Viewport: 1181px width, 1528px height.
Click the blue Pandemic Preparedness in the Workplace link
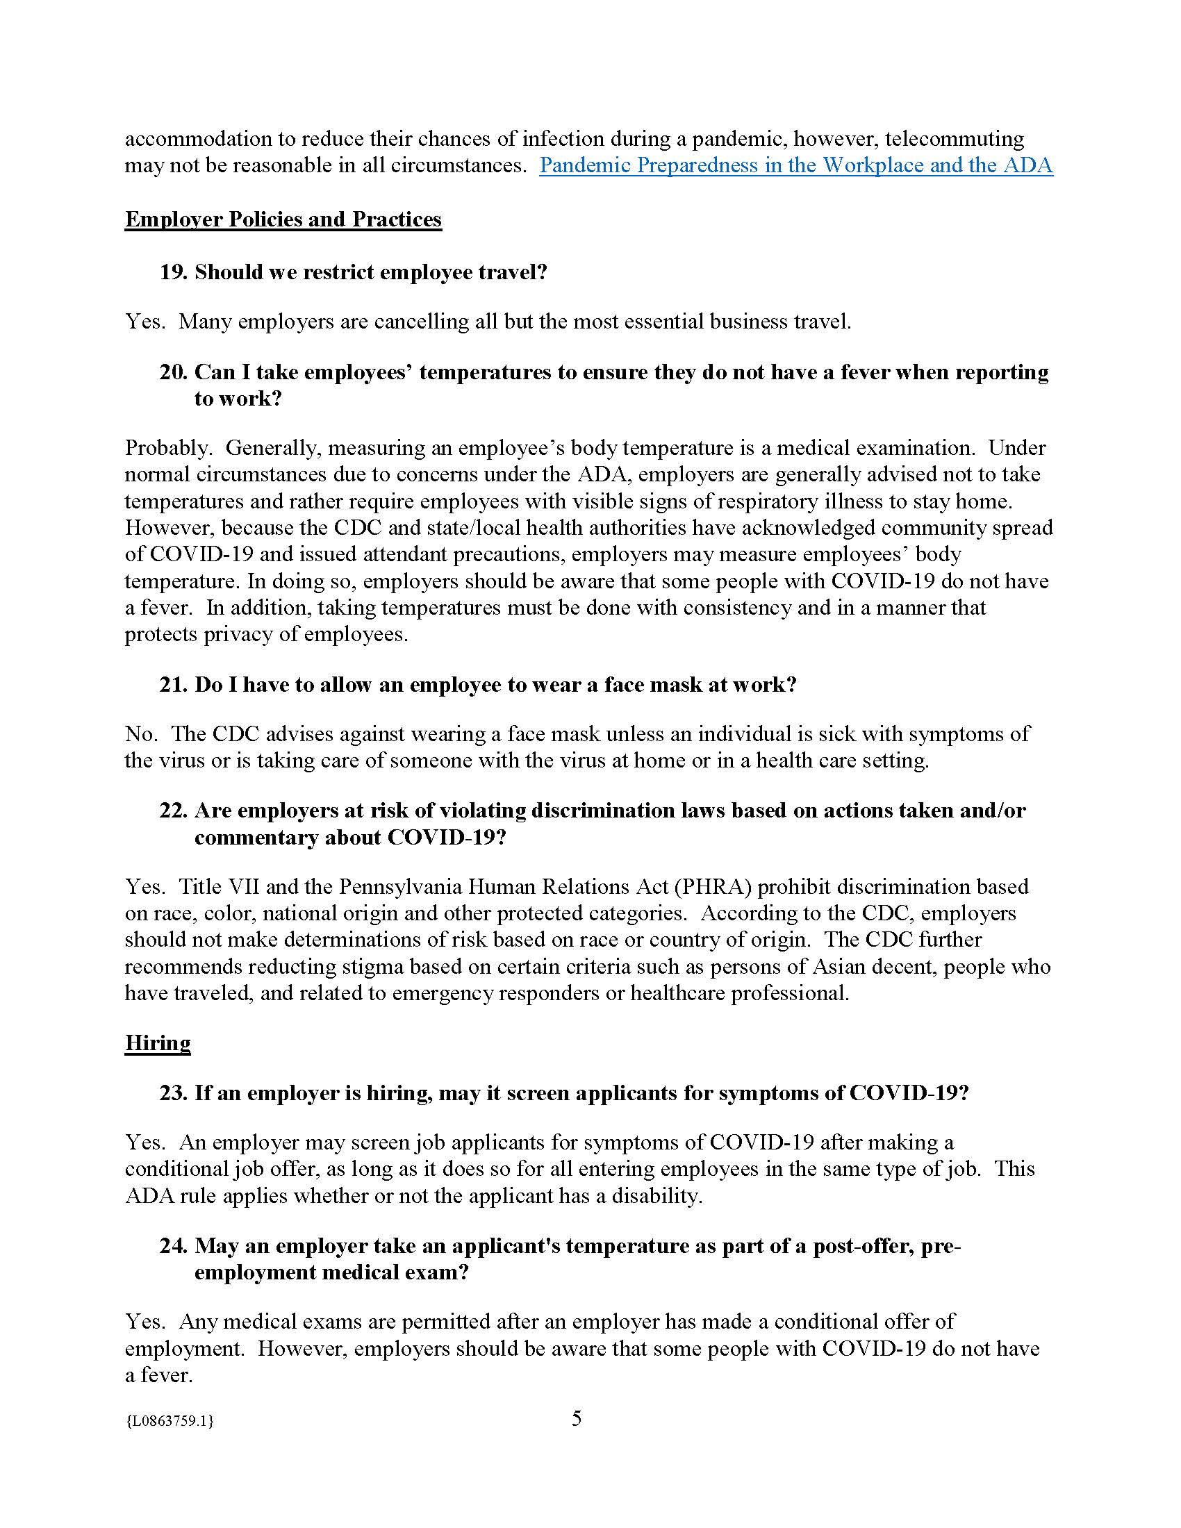pos(795,166)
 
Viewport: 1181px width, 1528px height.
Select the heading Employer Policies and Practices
pos(283,219)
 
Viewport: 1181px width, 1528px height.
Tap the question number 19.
pos(173,272)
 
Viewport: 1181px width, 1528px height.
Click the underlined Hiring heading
pos(158,1043)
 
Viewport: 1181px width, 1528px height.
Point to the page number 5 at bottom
pos(577,1420)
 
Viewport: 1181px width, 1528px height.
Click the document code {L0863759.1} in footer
pos(169,1421)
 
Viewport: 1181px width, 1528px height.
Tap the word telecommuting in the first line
pos(955,138)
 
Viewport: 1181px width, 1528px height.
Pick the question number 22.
pos(173,811)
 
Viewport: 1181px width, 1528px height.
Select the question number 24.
pos(173,1246)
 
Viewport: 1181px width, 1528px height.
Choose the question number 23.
pos(173,1093)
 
